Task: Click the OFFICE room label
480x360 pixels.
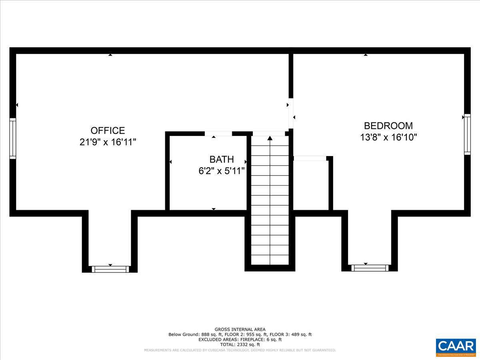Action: tap(108, 131)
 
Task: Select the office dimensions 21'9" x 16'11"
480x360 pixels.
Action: tap(108, 142)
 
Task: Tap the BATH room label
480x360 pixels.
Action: tap(222, 160)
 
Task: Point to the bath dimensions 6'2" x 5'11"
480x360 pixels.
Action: tap(222, 171)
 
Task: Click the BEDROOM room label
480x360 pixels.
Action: tap(388, 126)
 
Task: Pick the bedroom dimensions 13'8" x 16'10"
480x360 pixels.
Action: tap(388, 137)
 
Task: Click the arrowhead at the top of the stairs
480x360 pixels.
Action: tap(270, 138)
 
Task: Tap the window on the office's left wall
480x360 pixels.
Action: tap(13, 138)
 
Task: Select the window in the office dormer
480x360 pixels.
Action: tap(110, 269)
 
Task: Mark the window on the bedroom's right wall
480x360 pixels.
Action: tap(467, 134)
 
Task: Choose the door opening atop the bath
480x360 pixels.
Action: tap(218, 134)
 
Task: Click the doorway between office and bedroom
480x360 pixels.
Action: tap(291, 113)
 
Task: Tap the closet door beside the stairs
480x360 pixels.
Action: tap(310, 158)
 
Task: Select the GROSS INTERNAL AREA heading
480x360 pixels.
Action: tap(240, 329)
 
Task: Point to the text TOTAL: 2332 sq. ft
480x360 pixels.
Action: tap(240, 344)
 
